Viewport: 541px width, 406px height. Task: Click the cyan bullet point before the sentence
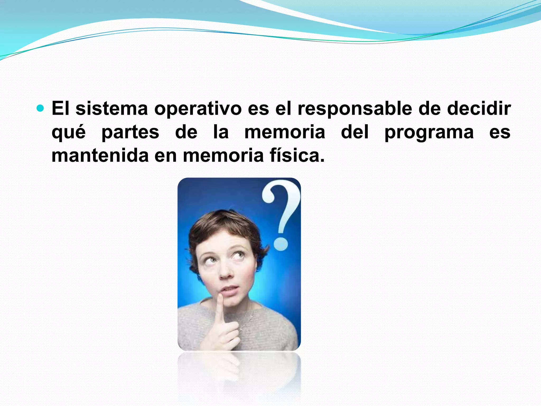[40, 108]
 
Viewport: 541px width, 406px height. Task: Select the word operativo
[198, 109]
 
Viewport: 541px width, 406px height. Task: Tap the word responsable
[355, 109]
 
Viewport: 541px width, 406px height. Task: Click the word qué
[68, 132]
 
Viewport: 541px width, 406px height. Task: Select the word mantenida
[100, 156]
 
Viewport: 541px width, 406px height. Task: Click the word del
[355, 132]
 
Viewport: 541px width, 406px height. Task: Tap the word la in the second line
[221, 132]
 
